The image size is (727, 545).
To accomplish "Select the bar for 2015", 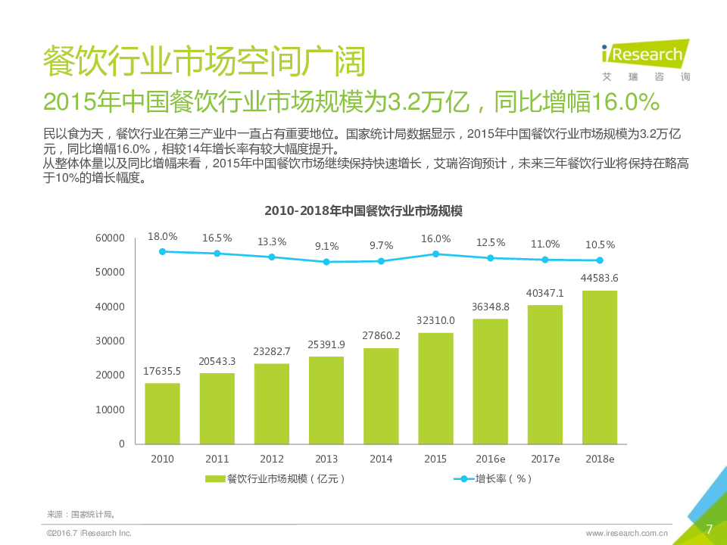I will [435, 388].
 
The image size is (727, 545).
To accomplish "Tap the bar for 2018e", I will [599, 367].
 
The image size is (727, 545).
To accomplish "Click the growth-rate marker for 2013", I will [326, 262].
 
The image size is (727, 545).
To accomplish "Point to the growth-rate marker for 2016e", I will [490, 258].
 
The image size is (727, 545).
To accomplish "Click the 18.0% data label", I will [162, 237].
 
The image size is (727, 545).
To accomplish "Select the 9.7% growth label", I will [381, 245].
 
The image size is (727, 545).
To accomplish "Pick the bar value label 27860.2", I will [381, 336].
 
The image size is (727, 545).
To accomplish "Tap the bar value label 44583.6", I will [599, 278].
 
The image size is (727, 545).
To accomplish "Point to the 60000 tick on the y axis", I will [111, 238].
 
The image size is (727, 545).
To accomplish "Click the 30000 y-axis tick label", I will [111, 341].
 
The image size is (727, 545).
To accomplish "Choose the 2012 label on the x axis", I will [272, 459].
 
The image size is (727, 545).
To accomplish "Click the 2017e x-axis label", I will [544, 459].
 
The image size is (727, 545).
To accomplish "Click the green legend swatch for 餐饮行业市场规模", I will [215, 479].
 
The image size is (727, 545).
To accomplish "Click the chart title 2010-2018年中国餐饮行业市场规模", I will [363, 211].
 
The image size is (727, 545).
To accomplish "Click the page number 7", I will [709, 528].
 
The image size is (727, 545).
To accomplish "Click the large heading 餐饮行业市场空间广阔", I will [204, 61].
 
